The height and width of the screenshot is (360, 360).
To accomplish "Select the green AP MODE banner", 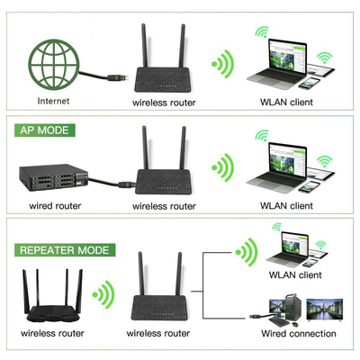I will coord(45,130).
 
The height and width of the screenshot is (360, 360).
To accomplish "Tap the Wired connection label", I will coord(299,334).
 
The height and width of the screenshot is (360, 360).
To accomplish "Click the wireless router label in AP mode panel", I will coord(164,206).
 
